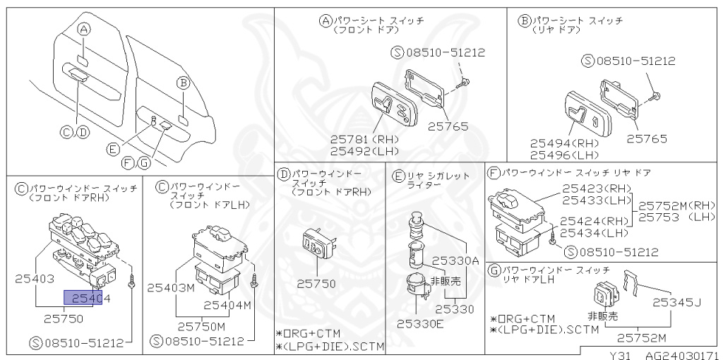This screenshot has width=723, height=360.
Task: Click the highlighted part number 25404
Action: (88, 296)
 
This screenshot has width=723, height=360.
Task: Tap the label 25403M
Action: (170, 287)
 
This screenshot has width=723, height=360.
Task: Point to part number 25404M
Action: (227, 305)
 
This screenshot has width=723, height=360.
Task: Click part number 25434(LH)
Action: (594, 233)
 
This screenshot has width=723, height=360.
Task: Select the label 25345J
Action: (676, 302)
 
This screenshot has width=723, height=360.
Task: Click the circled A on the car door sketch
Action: (84, 30)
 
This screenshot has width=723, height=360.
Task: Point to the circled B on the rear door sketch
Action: (182, 83)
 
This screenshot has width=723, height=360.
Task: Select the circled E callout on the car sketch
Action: (112, 149)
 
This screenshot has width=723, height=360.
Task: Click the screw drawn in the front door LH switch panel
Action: (253, 280)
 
